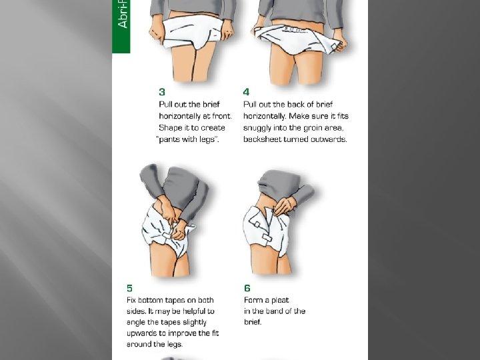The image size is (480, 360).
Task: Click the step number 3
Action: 162,91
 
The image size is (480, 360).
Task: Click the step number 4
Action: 247,91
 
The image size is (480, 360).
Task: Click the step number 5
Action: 129,288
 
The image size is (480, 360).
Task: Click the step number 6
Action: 247,288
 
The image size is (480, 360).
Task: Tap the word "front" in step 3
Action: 221,115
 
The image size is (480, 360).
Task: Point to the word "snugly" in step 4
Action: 257,127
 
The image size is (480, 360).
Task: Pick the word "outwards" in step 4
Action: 329,139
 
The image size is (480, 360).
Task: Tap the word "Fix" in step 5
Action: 133,300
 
